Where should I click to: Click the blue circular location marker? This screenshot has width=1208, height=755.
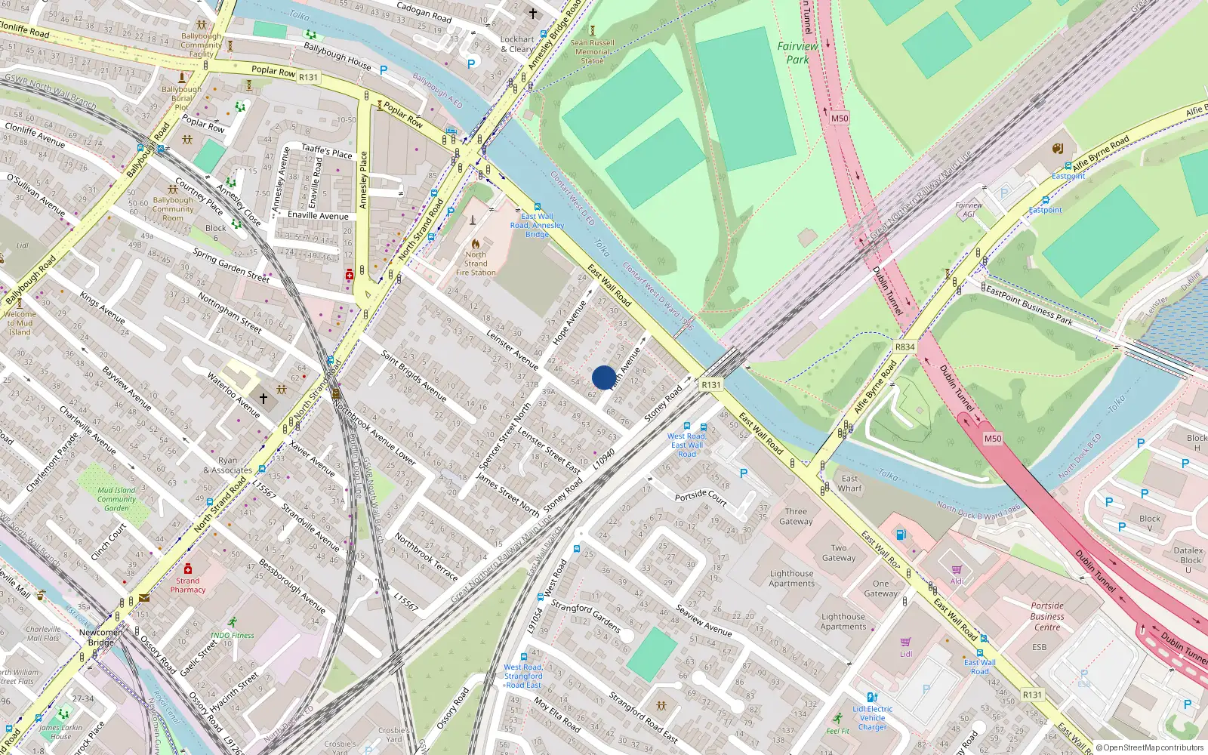click(604, 377)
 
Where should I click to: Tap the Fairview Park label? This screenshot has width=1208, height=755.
click(797, 53)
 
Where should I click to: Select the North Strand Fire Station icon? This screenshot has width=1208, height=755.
click(476, 244)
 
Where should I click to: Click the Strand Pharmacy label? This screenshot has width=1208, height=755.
click(188, 585)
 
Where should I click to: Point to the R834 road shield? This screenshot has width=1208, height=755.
click(904, 347)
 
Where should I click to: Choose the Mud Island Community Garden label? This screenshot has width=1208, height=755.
click(116, 499)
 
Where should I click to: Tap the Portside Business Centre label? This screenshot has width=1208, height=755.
click(1047, 616)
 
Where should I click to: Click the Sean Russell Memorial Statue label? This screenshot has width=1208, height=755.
click(593, 52)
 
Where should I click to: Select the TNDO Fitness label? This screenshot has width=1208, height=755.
click(233, 635)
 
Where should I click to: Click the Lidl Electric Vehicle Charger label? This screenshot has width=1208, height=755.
click(873, 718)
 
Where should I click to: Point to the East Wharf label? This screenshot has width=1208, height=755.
click(849, 483)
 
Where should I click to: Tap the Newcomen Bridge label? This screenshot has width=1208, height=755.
click(100, 637)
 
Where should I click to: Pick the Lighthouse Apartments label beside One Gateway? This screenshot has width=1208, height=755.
click(843, 621)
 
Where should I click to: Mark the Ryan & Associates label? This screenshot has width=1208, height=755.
click(227, 465)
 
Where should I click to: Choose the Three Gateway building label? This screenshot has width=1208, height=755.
click(796, 516)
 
